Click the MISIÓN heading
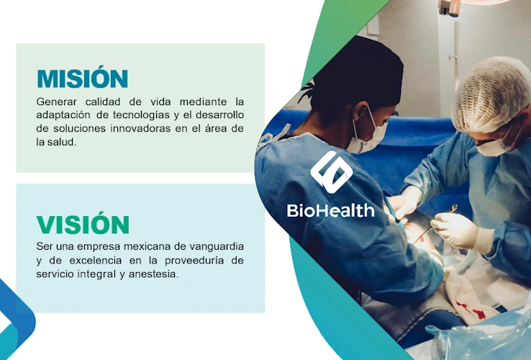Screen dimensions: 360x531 point(82,78)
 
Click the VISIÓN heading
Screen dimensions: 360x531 point(83,225)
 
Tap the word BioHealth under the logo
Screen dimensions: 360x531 point(330,210)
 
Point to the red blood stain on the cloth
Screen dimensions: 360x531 point(471,311)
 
